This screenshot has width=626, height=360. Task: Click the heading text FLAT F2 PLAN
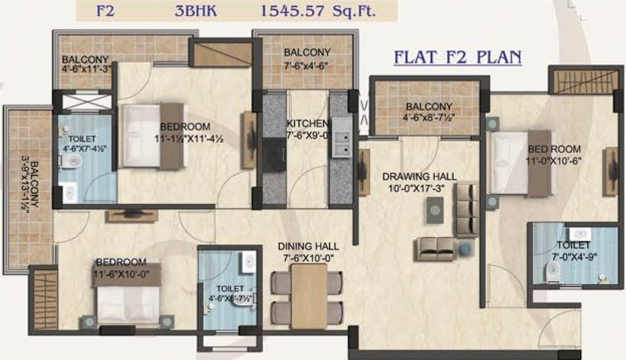coord(458,58)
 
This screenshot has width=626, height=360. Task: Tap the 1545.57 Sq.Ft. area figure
coord(318,11)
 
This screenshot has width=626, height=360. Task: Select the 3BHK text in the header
coord(196,11)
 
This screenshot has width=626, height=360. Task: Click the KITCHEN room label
coord(307,124)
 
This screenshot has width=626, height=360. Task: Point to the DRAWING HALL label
coord(419,177)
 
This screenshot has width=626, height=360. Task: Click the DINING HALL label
coord(308,247)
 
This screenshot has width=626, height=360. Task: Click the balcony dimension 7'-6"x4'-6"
coord(307,65)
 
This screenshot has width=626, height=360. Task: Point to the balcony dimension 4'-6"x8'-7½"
coord(429,117)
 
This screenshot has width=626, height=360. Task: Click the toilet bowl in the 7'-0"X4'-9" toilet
coord(554,270)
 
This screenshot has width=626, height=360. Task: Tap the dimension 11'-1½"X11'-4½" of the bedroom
coord(185,139)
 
